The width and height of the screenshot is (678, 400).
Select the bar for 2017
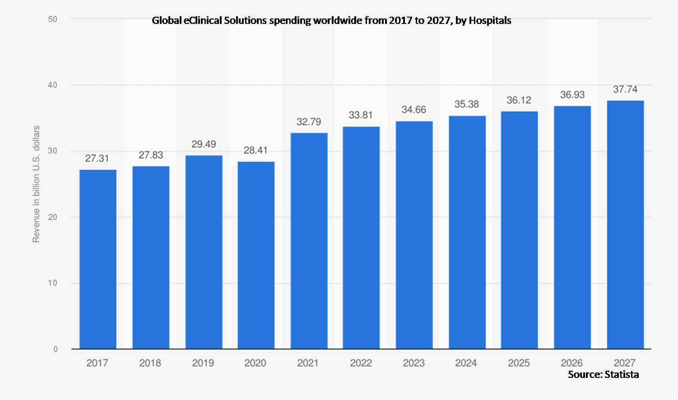[98, 259]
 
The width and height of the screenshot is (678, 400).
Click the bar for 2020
[256, 255]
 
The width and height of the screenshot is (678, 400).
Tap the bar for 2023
[414, 235]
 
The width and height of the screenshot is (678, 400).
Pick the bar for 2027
[625, 225]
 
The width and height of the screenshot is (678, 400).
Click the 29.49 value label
[204, 144]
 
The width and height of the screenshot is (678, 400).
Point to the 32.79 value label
[309, 122]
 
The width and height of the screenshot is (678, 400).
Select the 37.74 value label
[625, 89]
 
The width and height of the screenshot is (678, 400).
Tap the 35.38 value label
[466, 104]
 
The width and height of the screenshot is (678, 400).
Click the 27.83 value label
[151, 155]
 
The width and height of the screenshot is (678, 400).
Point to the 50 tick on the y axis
[53, 19]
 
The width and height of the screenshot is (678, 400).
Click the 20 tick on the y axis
[53, 217]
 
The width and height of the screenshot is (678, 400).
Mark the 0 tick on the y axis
[55, 349]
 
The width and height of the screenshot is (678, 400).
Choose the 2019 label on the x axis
[203, 363]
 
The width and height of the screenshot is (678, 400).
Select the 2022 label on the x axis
[361, 363]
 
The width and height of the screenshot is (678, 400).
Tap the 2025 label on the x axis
[519, 363]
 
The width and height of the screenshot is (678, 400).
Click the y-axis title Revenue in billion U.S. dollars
[36, 184]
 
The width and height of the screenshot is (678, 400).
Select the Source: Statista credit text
[603, 374]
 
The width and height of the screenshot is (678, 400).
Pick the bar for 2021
[309, 241]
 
